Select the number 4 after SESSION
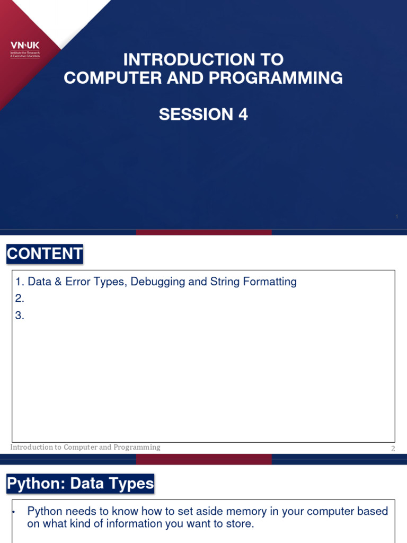tap(243, 114)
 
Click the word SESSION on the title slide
tap(196, 114)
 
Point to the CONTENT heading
tap(45, 254)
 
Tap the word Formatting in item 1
tap(270, 282)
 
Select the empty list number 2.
tap(20, 299)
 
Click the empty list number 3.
tap(20, 316)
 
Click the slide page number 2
tap(393, 449)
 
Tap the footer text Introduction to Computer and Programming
tap(85, 447)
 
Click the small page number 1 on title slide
tap(396, 216)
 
